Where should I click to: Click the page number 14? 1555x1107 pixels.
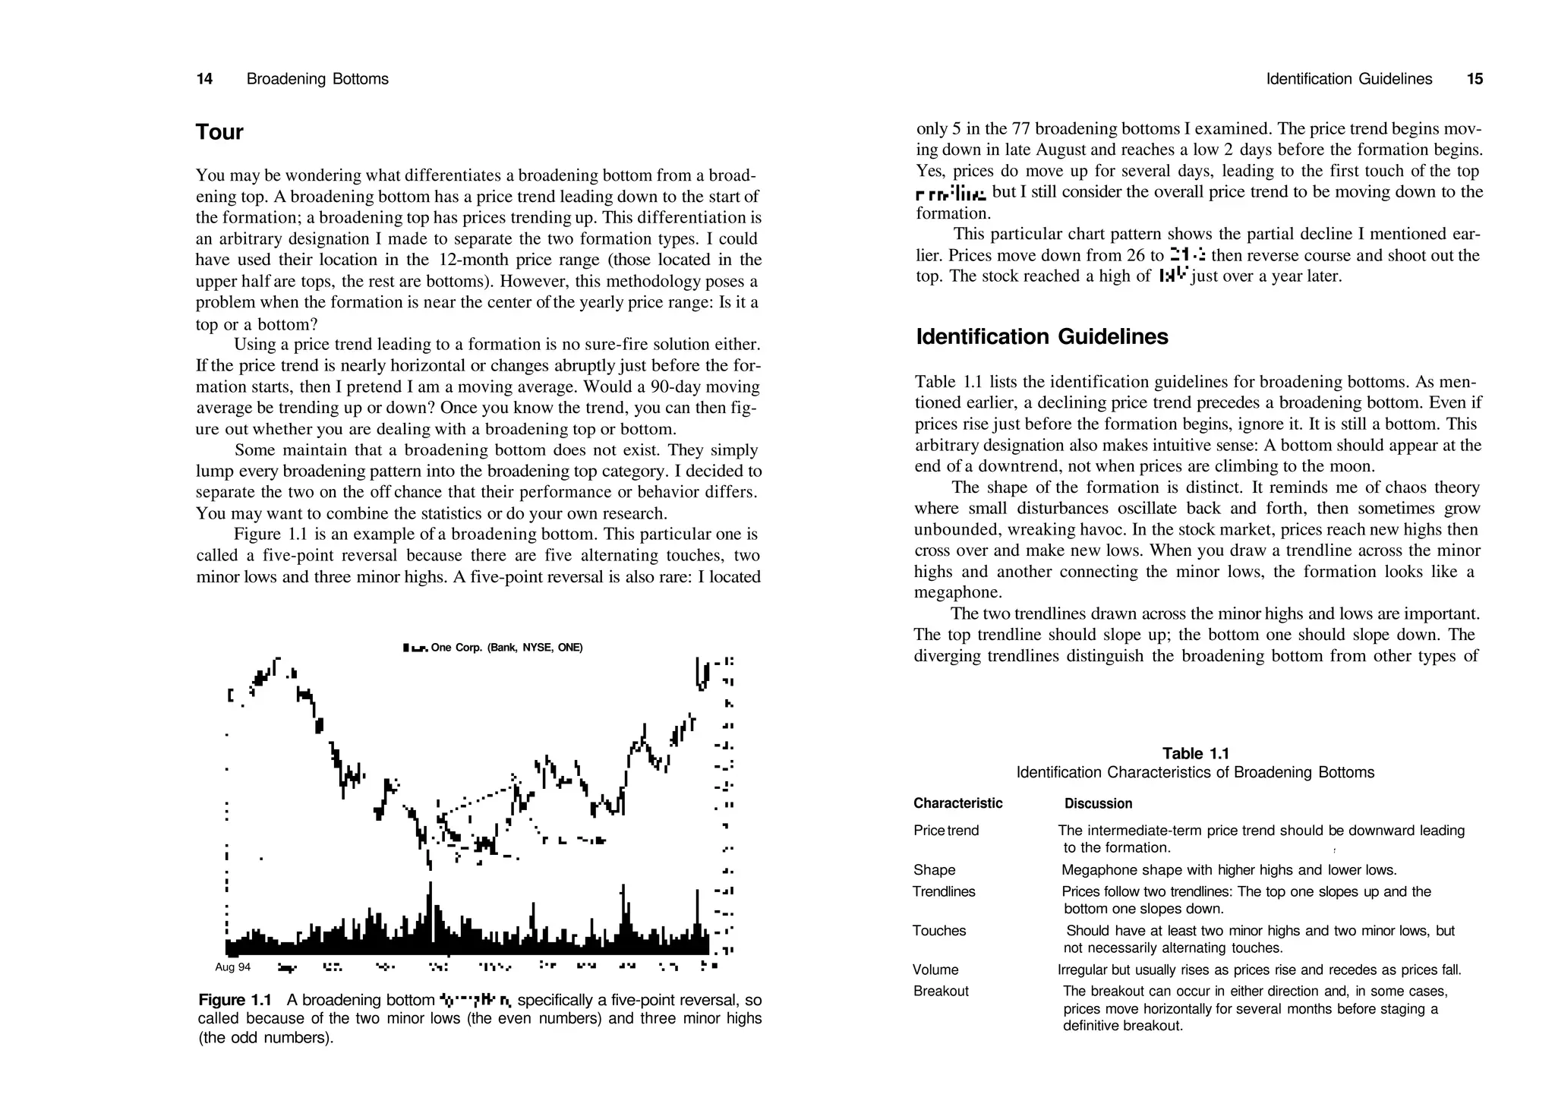(x=204, y=79)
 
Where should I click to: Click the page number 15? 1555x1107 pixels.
(x=1475, y=79)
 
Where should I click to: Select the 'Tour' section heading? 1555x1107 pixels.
(x=219, y=132)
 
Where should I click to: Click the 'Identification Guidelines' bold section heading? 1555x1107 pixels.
(x=1042, y=336)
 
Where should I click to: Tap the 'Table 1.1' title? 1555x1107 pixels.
(x=1195, y=753)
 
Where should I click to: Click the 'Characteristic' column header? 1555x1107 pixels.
(x=957, y=803)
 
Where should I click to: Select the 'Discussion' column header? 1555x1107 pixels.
(x=1098, y=803)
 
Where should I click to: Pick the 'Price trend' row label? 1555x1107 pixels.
(x=946, y=831)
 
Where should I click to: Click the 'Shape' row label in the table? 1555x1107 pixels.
(x=934, y=870)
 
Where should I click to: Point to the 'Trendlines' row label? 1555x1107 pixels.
(x=944, y=891)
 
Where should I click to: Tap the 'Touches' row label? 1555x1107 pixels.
(x=939, y=931)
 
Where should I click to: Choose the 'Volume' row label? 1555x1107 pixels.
(x=935, y=970)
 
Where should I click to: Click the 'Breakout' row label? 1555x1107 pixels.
(x=941, y=991)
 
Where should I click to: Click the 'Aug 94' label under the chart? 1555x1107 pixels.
(x=232, y=967)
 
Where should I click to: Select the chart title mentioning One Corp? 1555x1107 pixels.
(x=494, y=648)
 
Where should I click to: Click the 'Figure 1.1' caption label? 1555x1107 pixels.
(x=235, y=1000)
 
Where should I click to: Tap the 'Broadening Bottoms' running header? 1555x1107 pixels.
(x=317, y=79)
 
